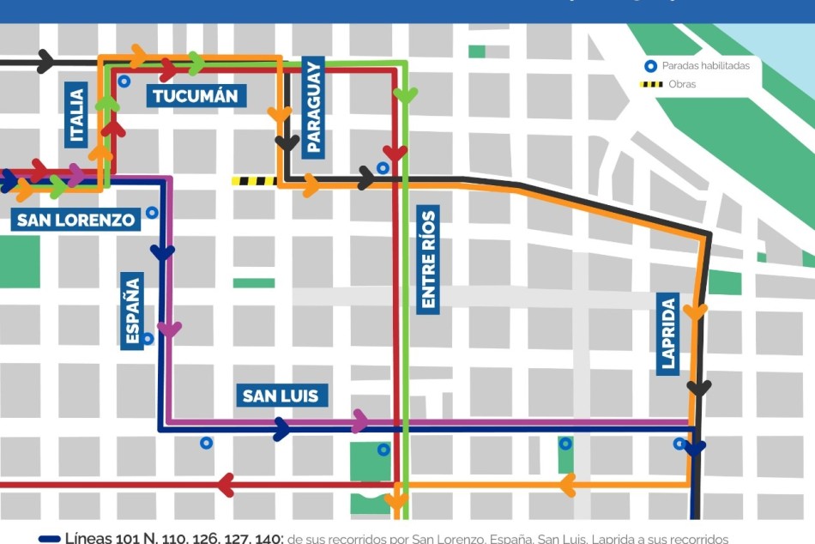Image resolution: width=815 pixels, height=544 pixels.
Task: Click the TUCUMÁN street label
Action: point(196,94)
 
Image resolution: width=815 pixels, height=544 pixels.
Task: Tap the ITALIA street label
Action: point(77,115)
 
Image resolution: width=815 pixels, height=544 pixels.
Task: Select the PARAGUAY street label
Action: point(312,106)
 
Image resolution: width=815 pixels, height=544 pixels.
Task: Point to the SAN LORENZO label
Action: point(76,220)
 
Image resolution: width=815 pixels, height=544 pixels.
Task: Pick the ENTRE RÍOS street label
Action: point(428,257)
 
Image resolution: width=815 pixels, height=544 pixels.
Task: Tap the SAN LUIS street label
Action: point(281,396)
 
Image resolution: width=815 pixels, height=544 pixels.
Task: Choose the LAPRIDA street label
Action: point(668,331)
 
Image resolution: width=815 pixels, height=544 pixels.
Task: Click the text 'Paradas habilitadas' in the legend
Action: point(705,66)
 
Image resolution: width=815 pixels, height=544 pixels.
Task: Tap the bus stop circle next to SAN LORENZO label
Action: point(152,212)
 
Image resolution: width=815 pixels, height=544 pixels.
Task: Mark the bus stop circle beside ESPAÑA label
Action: point(148,338)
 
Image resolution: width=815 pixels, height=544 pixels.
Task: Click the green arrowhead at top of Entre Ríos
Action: point(405,95)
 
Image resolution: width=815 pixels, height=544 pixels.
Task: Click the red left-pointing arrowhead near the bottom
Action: point(226,485)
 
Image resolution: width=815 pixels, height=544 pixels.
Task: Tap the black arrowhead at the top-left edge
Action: point(45,62)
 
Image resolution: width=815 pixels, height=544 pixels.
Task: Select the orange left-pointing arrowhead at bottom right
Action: point(567,487)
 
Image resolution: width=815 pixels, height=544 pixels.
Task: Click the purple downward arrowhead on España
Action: point(169,329)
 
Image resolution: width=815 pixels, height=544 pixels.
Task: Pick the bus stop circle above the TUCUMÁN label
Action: point(124,82)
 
